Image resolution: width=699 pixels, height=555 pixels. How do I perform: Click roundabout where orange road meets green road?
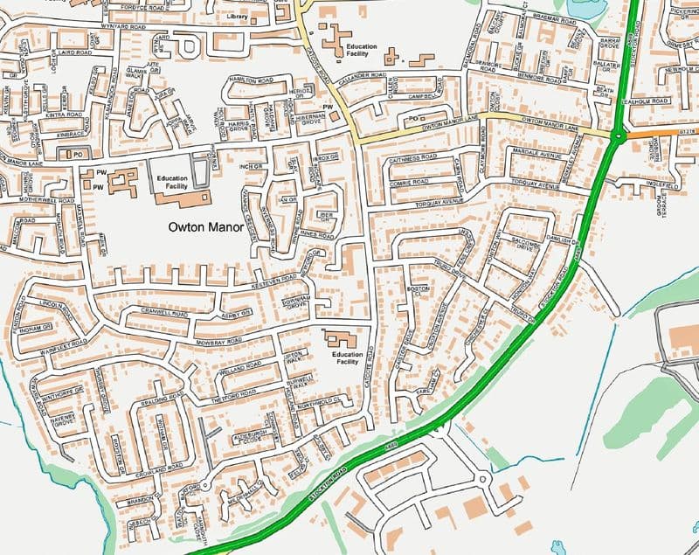[619, 135]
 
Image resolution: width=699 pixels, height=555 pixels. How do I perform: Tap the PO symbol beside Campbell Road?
[412, 117]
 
